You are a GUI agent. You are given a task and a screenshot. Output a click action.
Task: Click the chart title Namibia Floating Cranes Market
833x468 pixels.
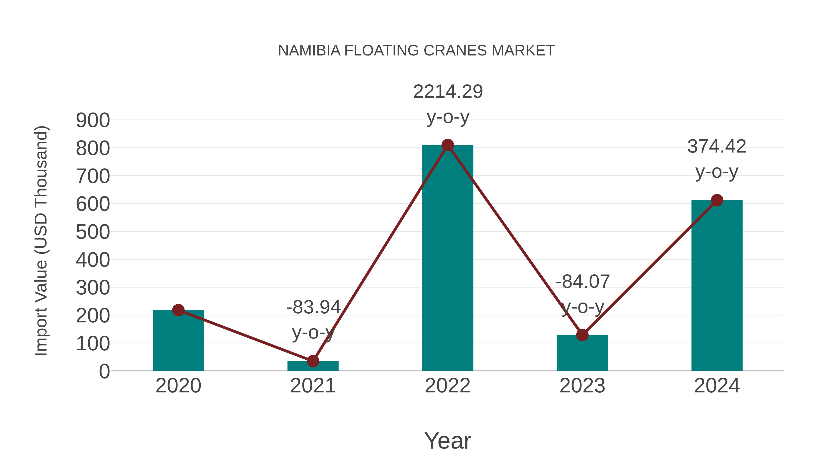[x=416, y=51]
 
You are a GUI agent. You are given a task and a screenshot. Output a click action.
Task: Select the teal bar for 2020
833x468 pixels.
[x=178, y=342]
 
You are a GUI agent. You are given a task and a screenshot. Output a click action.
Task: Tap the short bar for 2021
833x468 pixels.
[x=313, y=366]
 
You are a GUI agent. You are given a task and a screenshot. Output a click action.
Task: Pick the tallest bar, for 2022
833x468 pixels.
[x=448, y=258]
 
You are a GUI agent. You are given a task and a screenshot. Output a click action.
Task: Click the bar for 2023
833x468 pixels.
[x=582, y=353]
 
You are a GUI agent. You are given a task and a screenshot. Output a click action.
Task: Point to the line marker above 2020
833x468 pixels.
[x=178, y=310]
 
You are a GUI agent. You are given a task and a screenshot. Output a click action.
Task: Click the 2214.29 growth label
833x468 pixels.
[x=448, y=92]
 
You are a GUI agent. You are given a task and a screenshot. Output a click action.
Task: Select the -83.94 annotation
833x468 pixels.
[x=313, y=307]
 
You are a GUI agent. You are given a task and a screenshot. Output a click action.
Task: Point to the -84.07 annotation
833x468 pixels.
[x=583, y=282]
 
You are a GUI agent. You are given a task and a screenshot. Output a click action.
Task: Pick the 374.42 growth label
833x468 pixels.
[x=717, y=147]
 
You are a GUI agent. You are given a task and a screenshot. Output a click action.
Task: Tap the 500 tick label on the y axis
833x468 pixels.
[x=93, y=232]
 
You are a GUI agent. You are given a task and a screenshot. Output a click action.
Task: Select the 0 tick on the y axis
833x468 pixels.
[x=104, y=371]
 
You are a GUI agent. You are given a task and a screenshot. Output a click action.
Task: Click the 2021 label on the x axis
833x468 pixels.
[x=313, y=386]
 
